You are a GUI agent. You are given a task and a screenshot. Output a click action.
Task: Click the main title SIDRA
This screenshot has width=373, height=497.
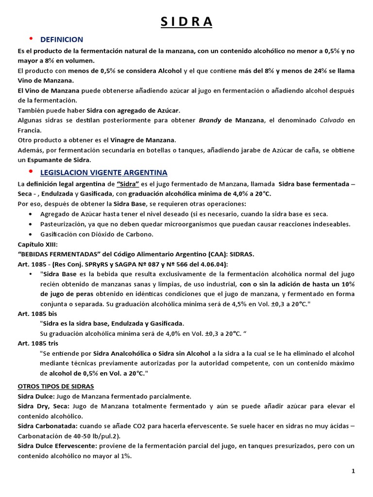186,22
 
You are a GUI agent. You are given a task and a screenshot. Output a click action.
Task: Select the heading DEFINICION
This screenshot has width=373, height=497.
62,40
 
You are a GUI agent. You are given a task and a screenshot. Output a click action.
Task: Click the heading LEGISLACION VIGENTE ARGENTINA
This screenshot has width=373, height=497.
104,173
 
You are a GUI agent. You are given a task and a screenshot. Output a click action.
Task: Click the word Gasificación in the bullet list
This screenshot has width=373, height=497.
59,234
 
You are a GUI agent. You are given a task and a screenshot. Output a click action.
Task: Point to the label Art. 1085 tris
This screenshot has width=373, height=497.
39,343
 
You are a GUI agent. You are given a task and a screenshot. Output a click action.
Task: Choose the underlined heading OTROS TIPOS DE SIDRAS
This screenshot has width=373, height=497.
56,386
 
